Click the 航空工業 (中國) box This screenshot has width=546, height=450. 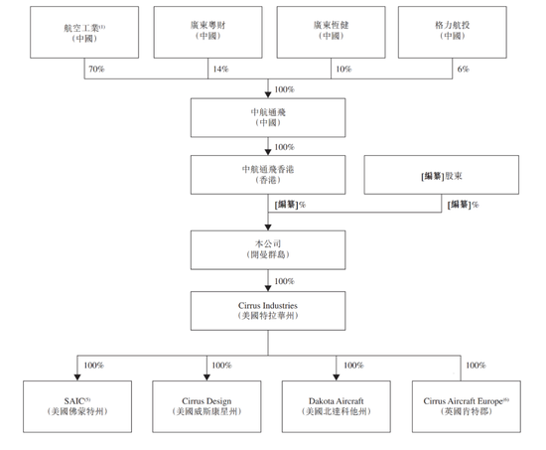[x=84, y=32]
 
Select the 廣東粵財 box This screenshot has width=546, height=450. [x=207, y=32]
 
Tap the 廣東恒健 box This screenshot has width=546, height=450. [x=332, y=32]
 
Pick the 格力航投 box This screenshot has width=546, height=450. [x=453, y=32]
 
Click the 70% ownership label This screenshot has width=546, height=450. [x=96, y=69]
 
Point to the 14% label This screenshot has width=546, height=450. [x=220, y=69]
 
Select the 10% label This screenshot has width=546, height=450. [x=343, y=69]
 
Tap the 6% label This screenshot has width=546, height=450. [x=464, y=69]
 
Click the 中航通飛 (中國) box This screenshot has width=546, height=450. [x=268, y=118]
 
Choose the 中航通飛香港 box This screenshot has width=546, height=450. [x=268, y=175]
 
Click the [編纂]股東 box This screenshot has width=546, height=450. [x=442, y=175]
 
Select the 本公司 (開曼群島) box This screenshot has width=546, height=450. [x=268, y=250]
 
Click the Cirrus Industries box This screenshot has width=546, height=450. [x=268, y=311]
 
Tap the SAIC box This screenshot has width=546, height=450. [x=77, y=406]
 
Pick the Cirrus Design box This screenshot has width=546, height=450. [x=206, y=406]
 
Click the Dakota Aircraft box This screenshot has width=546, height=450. [x=336, y=406]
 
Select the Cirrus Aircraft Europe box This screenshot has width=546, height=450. [x=467, y=406]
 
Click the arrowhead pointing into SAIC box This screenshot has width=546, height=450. [x=77, y=377]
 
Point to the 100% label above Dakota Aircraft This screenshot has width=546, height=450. [x=353, y=366]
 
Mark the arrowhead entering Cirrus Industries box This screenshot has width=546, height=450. [x=268, y=288]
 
